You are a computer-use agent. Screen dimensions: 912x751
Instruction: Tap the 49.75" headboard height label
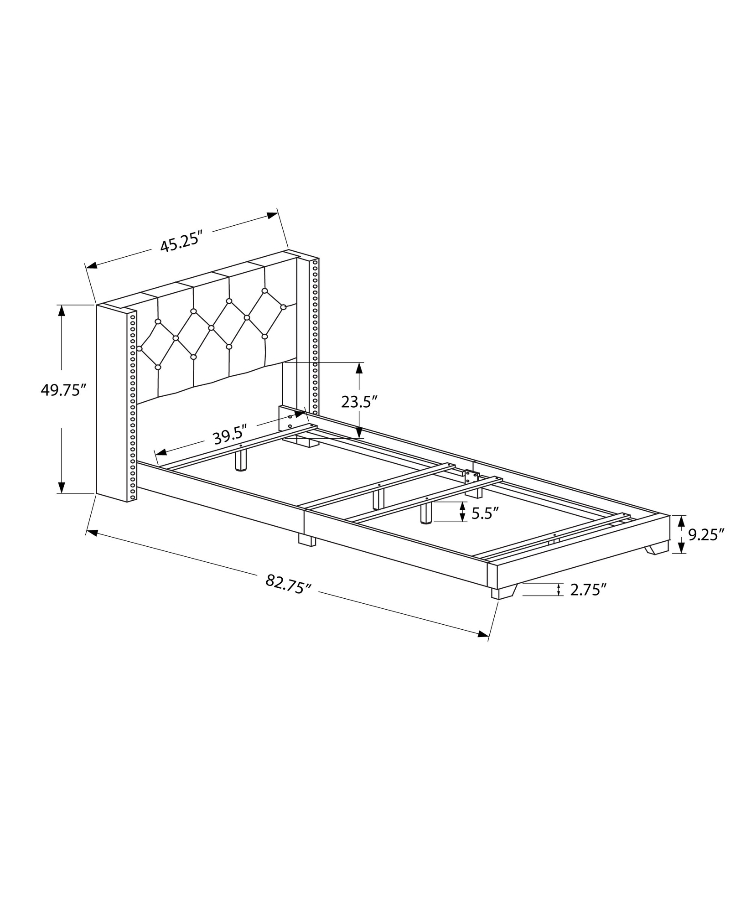click(64, 390)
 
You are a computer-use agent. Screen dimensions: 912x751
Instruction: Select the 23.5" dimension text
click(359, 401)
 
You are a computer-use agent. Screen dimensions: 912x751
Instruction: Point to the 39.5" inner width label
click(230, 437)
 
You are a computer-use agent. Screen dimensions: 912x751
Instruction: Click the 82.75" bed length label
click(288, 584)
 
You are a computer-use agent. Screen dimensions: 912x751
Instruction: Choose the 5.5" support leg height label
click(482, 514)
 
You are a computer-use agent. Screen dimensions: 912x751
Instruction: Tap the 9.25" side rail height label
click(706, 534)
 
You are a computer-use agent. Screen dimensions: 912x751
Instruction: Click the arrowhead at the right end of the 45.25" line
click(273, 215)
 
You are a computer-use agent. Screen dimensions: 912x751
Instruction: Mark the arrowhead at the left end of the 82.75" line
click(92, 533)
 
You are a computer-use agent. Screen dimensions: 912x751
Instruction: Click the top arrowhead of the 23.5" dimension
click(359, 368)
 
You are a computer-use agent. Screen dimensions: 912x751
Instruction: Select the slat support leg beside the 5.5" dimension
click(426, 513)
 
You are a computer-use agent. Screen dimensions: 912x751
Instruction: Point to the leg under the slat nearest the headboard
click(240, 460)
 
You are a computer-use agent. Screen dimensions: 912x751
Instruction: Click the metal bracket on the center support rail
click(471, 477)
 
